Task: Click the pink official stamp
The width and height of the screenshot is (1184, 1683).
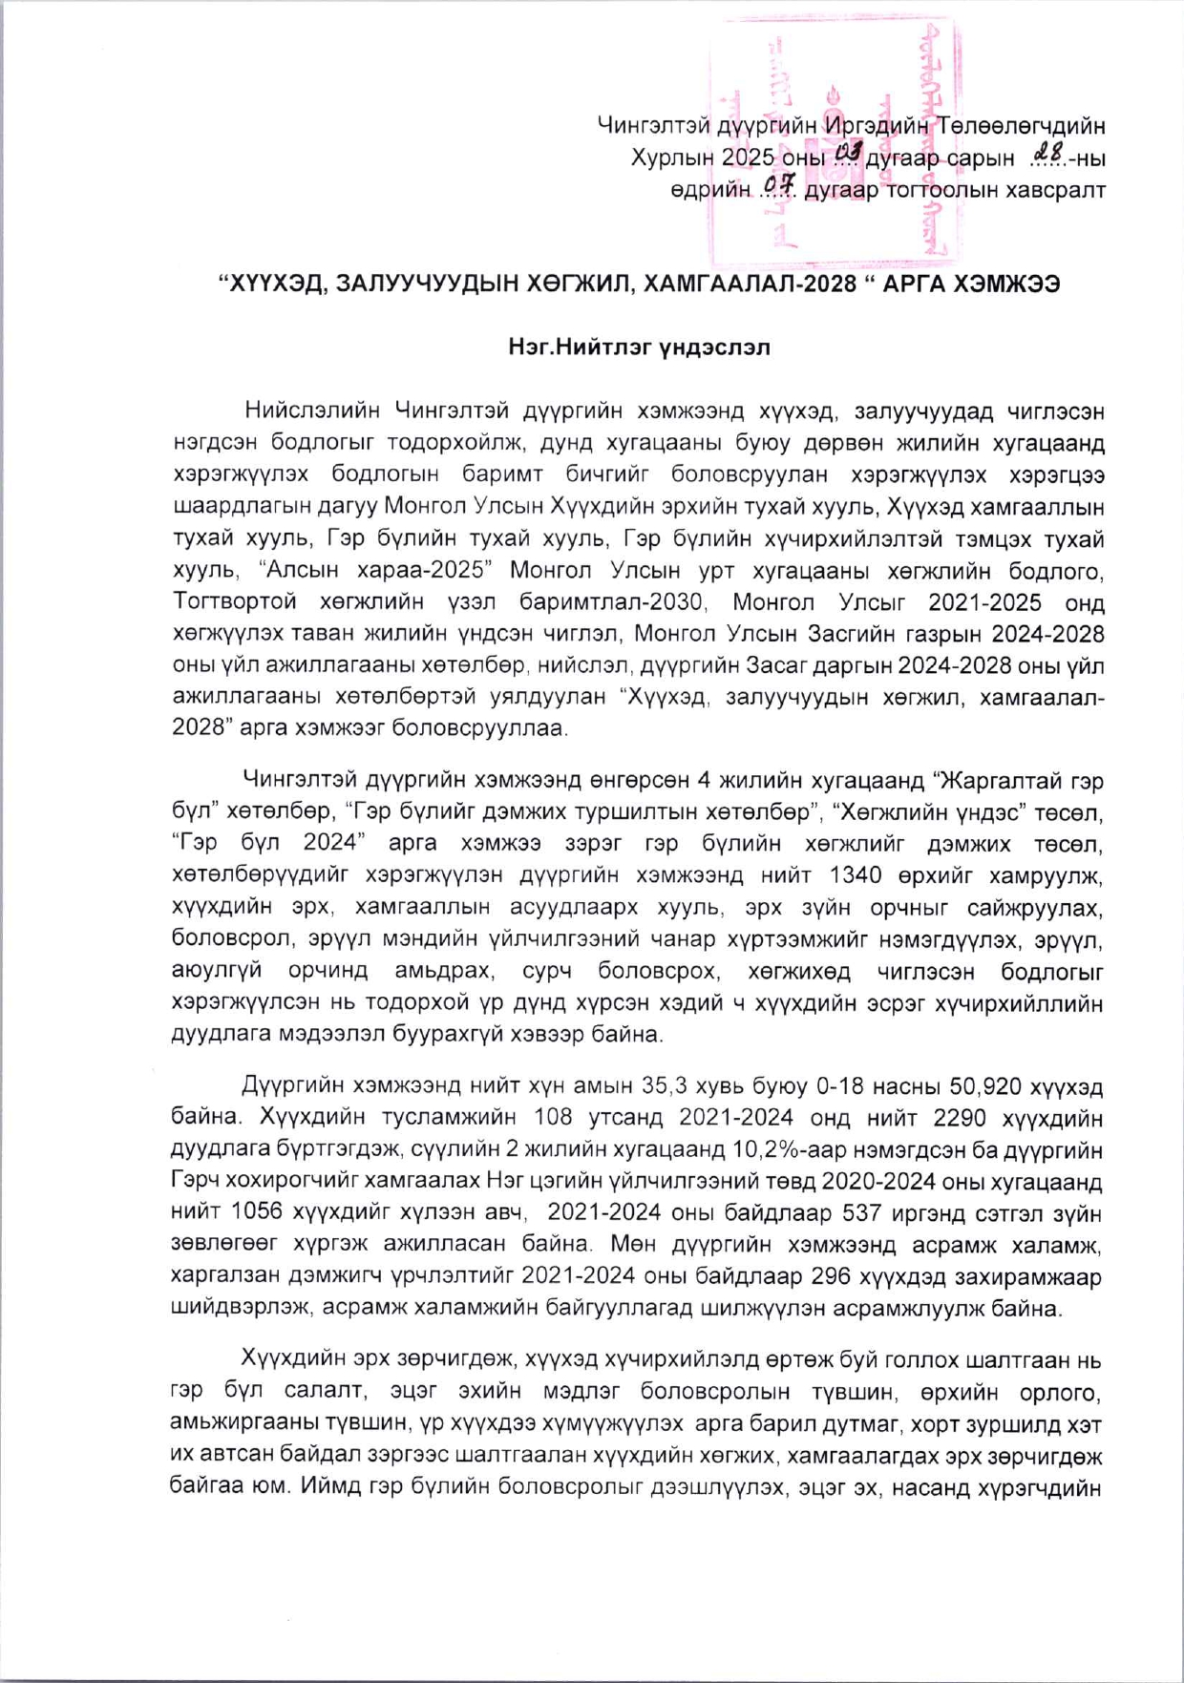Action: click(833, 141)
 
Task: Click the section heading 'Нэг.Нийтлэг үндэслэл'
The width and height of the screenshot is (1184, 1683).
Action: click(639, 347)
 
